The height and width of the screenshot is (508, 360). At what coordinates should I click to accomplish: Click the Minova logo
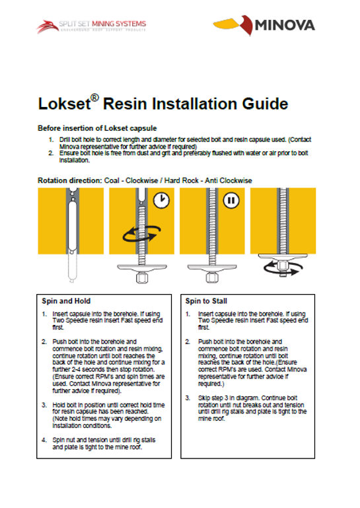(x=264, y=25)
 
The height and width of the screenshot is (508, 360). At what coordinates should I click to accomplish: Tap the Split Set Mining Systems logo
(x=91, y=26)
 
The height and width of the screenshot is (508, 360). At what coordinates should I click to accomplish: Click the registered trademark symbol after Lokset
(x=94, y=98)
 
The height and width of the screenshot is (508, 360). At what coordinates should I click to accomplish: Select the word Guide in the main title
(x=265, y=104)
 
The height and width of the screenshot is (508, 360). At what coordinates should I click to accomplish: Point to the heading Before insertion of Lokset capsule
(x=97, y=128)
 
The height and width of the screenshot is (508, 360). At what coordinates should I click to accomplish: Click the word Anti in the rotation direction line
(x=211, y=180)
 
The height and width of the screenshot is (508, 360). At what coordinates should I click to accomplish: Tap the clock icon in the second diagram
(x=161, y=200)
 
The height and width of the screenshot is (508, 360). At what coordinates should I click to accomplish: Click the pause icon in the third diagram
(x=231, y=200)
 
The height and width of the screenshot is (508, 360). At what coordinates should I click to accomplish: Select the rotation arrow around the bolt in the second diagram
(x=141, y=234)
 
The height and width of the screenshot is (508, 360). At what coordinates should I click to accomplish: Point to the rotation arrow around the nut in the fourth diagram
(x=283, y=268)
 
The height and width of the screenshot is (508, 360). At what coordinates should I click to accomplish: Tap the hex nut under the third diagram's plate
(x=212, y=277)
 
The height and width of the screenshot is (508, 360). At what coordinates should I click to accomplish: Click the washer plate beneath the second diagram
(x=142, y=268)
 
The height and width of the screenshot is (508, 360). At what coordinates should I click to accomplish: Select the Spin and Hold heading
(x=66, y=301)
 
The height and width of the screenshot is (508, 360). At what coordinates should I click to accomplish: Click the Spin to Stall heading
(x=206, y=301)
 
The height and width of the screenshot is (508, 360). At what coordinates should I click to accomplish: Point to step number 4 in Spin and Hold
(x=44, y=440)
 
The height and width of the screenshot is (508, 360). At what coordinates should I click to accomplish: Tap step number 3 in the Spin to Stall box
(x=188, y=398)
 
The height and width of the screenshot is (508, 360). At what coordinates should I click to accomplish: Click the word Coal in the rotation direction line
(x=112, y=180)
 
